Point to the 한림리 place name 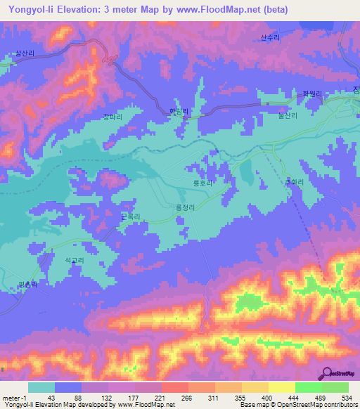pyautogui.click(x=181, y=111)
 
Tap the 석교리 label pyautogui.click(x=75, y=260)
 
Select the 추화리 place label pyautogui.click(x=274, y=182)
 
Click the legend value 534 pyautogui.click(x=347, y=398)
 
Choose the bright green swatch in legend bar pyautogui.click(x=308, y=387)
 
